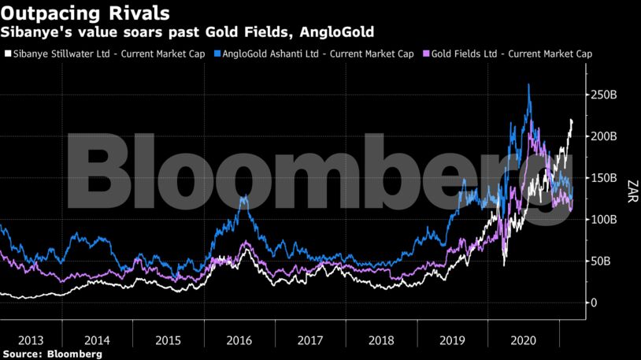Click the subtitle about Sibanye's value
(187, 32)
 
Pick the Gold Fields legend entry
(507, 54)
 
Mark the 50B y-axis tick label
(603, 262)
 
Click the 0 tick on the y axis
(595, 303)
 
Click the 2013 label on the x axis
(30, 340)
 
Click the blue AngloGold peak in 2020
(528, 84)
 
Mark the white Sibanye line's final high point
(571, 120)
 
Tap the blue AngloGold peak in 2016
(244, 196)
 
